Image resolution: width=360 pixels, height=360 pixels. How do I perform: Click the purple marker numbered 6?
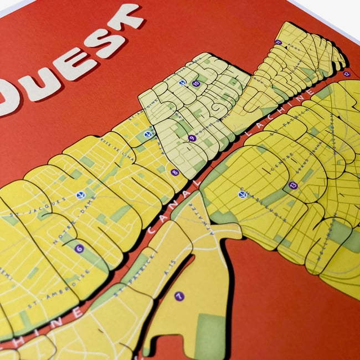tap(79, 249)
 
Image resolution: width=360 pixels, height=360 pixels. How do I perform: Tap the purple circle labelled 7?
tap(179, 296)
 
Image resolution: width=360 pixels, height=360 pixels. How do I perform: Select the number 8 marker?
tap(175, 172)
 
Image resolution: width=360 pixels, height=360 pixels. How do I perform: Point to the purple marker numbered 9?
tap(192, 138)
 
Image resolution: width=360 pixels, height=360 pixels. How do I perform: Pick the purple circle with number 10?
tap(196, 84)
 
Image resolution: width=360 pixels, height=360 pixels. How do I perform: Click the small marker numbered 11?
tap(278, 42)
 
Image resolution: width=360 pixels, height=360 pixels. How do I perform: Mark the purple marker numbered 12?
tap(347, 74)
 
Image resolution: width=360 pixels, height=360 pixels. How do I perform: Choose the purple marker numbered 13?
tap(293, 186)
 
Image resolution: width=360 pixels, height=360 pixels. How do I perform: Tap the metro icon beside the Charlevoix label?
tap(242, 194)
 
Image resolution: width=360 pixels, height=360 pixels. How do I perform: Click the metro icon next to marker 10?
tap(182, 83)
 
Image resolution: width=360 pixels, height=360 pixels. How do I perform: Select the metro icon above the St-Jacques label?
tap(81, 195)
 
